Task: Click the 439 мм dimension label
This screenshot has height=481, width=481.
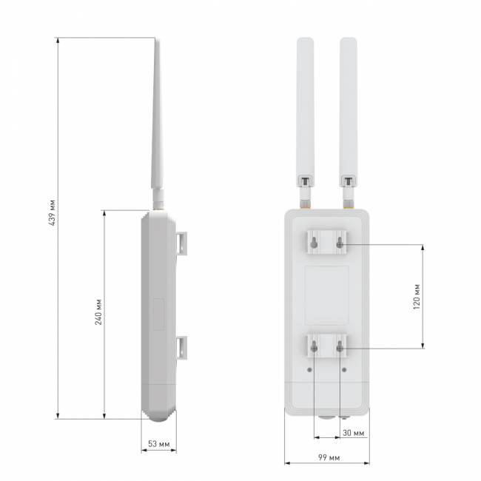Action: click(x=53, y=213)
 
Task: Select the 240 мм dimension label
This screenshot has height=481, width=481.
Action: click(x=98, y=312)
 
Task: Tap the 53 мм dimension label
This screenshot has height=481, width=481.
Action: click(x=158, y=444)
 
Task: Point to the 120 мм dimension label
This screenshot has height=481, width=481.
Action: click(x=417, y=297)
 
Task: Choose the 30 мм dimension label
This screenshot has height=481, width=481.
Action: click(x=354, y=433)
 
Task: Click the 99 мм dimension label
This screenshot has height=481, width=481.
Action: click(x=329, y=457)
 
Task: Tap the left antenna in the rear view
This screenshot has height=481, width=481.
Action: click(x=305, y=112)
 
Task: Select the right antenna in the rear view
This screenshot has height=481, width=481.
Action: click(x=349, y=112)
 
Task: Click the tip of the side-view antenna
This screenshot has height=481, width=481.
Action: click(x=156, y=38)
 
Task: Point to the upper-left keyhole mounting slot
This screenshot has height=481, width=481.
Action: click(x=314, y=243)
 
